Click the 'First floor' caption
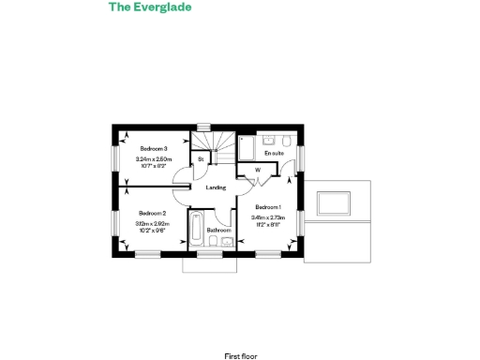click(x=239, y=330)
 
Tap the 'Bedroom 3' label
click(x=154, y=150)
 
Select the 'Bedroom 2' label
click(x=152, y=214)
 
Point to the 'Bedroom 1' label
click(x=268, y=207)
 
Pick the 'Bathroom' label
click(x=218, y=230)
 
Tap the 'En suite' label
click(x=274, y=152)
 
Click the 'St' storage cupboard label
click(x=201, y=160)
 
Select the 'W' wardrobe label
click(x=257, y=170)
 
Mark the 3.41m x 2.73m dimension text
click(x=268, y=217)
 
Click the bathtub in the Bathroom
click(x=195, y=232)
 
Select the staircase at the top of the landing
click(x=217, y=142)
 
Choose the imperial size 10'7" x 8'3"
click(x=153, y=167)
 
